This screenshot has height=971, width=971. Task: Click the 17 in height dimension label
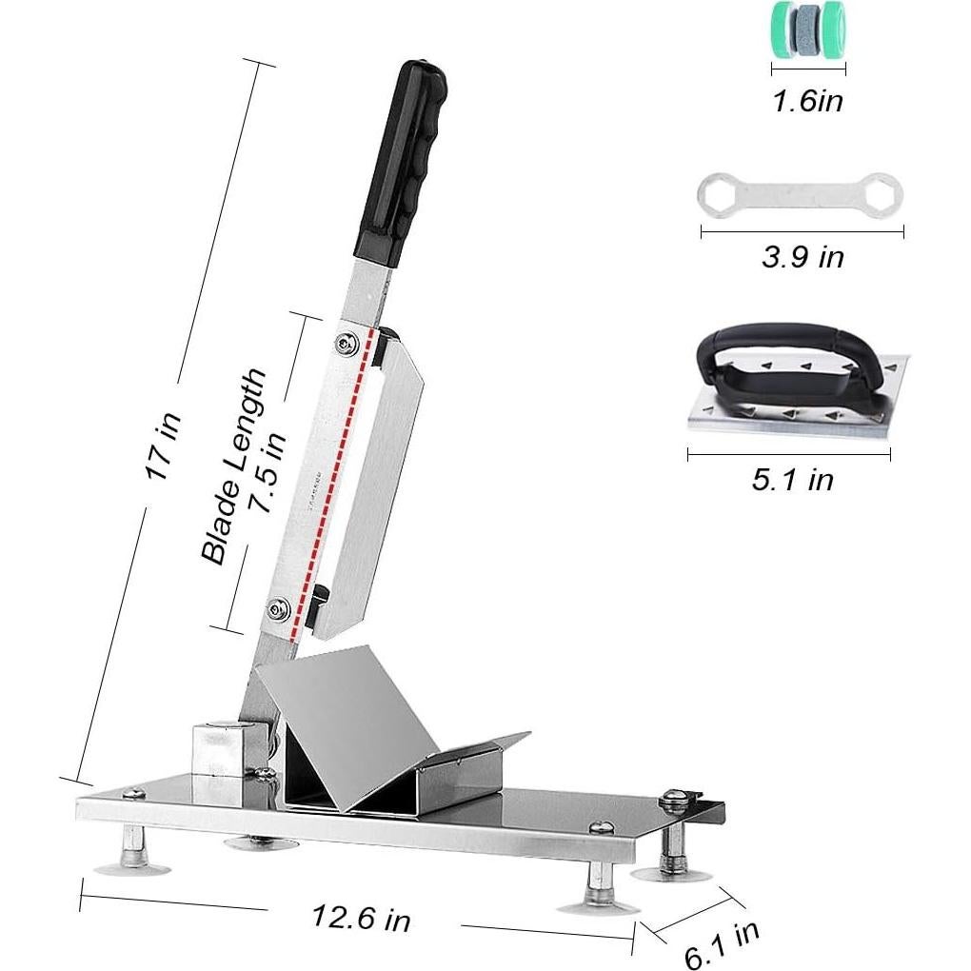[164, 445]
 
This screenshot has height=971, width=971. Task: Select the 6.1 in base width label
[723, 943]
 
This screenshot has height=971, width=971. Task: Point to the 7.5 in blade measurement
[268, 472]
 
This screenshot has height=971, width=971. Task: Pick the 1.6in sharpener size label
[808, 100]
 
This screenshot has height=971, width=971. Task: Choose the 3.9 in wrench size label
[803, 256]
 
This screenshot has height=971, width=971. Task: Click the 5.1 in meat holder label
[793, 479]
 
